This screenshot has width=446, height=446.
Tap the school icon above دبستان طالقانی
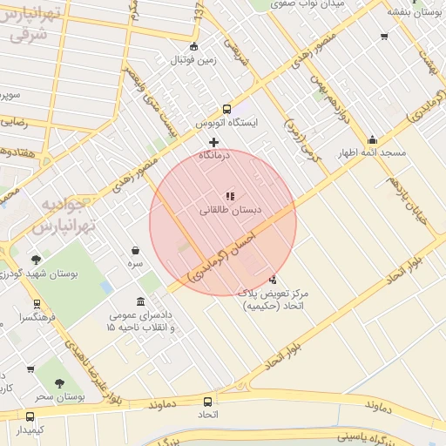tap(231, 197)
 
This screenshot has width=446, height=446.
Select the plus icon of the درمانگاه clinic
tap(213, 142)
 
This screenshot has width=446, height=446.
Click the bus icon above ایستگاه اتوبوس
tap(227, 110)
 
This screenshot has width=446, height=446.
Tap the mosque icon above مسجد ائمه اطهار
tap(373, 139)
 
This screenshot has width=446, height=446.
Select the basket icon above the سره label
tap(136, 250)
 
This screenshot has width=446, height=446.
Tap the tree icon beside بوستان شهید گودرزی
tap(36, 260)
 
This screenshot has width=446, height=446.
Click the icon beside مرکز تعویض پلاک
tap(274, 280)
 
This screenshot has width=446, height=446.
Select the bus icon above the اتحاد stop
tap(207, 402)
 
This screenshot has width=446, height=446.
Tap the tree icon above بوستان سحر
tap(59, 383)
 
